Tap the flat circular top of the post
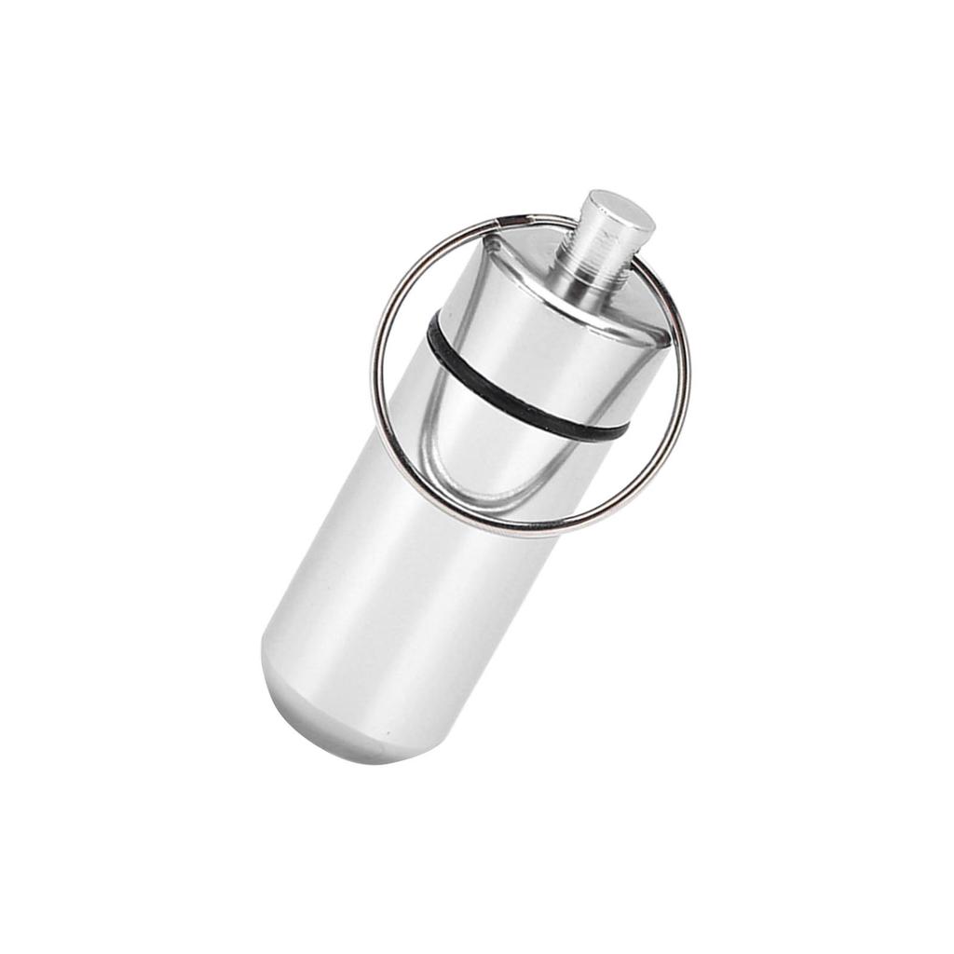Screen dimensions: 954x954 [x=620, y=212]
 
